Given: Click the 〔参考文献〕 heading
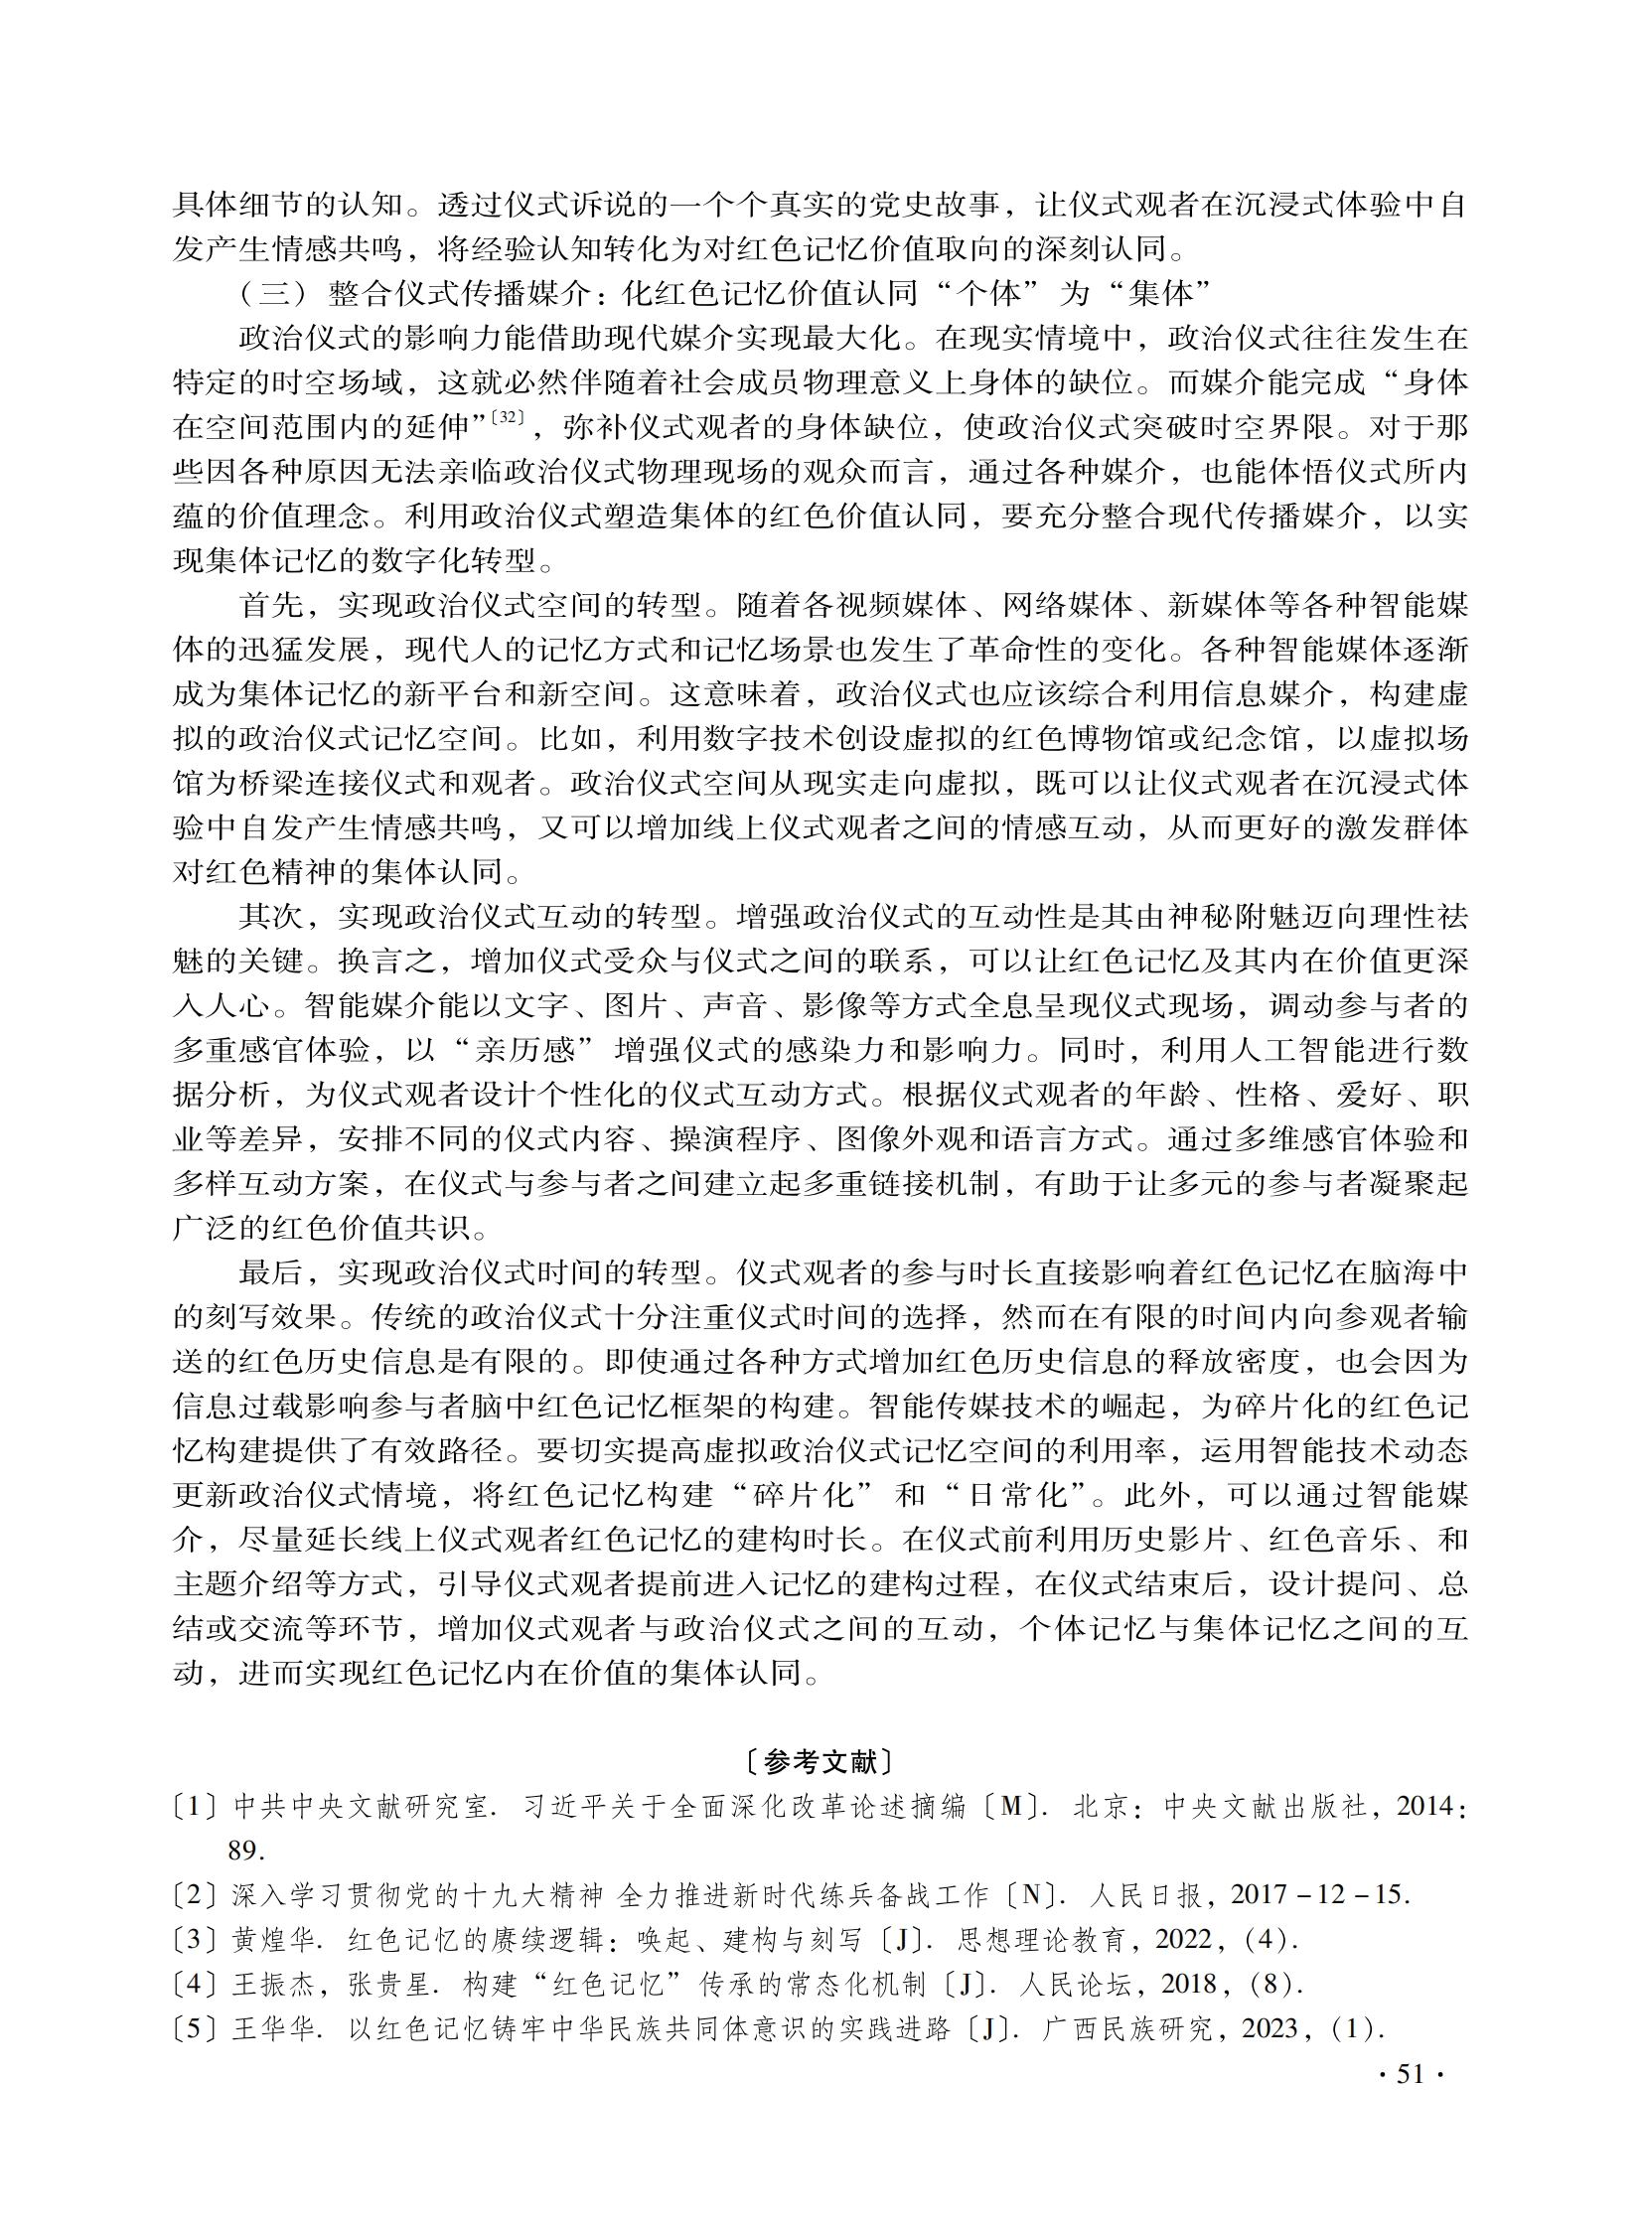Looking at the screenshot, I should coord(820,1762).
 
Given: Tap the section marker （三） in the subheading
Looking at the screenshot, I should coord(273,293).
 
